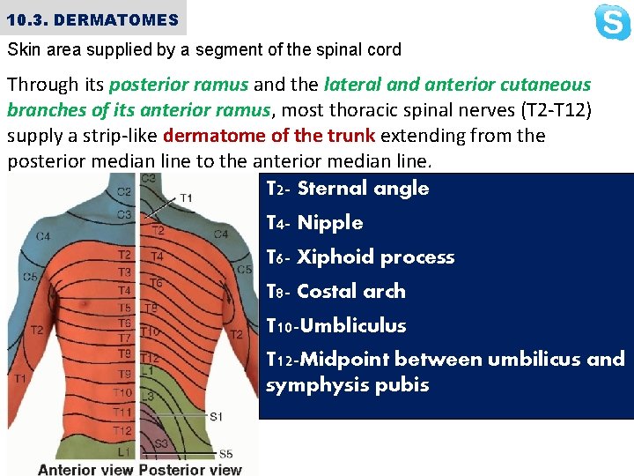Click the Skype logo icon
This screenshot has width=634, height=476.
point(612,22)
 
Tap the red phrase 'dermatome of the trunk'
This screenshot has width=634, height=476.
point(269,136)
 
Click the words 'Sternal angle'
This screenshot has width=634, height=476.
point(363,189)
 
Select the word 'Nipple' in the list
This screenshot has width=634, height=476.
point(330,223)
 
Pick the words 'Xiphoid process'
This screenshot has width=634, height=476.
point(376,257)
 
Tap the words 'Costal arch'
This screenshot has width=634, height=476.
point(351,292)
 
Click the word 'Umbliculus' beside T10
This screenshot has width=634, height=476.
point(353,326)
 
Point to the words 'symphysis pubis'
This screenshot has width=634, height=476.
point(347,385)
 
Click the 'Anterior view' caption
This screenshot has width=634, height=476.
point(86,469)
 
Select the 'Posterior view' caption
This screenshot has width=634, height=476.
point(190,469)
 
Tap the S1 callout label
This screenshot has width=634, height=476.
point(216,415)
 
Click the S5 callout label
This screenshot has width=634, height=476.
point(225,454)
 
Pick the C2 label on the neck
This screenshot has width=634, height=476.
point(124,191)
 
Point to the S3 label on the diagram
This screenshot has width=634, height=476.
point(161,443)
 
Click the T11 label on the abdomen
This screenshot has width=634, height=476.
point(123,412)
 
